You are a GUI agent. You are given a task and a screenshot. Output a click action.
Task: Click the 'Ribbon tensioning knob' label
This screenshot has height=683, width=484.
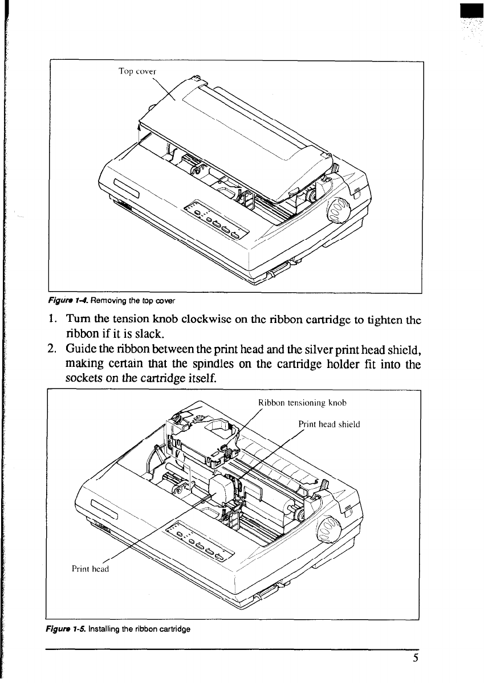coord(302,403)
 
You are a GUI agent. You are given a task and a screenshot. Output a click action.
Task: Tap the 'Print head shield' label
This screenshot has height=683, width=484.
coord(329,423)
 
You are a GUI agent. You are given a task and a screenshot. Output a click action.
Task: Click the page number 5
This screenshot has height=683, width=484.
coord(417,658)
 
